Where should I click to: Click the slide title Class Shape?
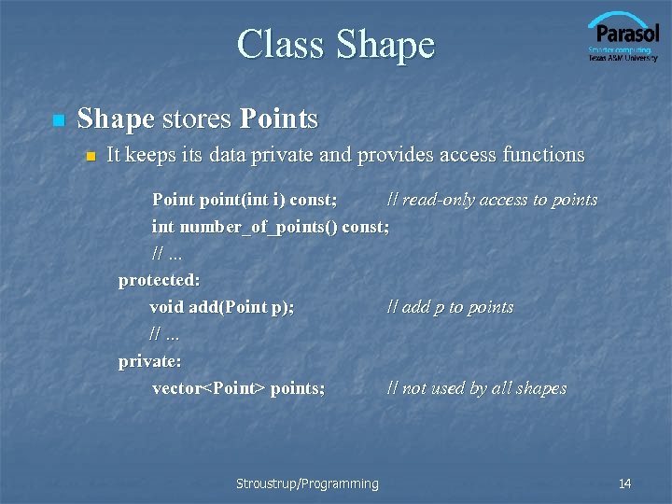click(336, 44)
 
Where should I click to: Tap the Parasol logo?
click(623, 34)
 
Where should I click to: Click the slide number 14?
click(624, 483)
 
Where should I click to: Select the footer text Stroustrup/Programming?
click(307, 483)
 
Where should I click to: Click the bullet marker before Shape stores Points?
click(58, 120)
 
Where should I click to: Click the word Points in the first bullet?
click(278, 119)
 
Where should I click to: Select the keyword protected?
click(159, 280)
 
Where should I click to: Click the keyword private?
click(149, 361)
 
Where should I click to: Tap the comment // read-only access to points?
click(492, 200)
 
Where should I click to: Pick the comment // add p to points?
click(450, 307)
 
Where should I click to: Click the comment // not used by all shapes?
click(476, 388)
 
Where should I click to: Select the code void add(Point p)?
click(221, 307)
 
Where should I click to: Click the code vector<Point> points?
click(238, 388)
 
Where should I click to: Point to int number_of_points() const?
click(271, 227)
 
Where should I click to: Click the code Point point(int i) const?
click(245, 200)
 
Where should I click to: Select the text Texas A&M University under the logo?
click(623, 58)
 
